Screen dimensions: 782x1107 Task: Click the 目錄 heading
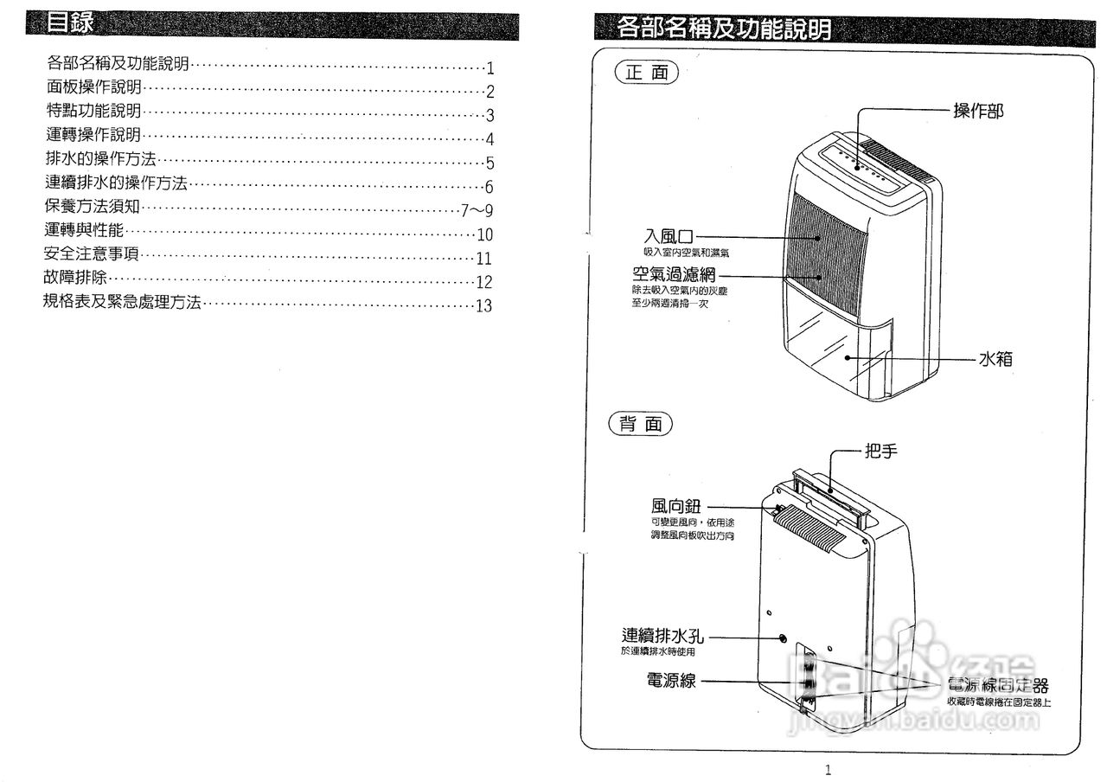[x=70, y=23]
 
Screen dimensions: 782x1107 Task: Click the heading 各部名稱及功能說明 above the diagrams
[x=725, y=29]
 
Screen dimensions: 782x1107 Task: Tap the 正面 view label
[x=646, y=74]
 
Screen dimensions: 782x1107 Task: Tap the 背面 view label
[x=641, y=424]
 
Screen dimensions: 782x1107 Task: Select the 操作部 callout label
[x=978, y=111]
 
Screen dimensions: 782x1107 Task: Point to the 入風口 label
[x=669, y=235]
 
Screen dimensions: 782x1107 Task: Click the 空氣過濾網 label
[x=673, y=276]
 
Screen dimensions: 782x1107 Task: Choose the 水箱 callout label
[x=995, y=358]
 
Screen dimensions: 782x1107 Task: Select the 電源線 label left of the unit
[x=670, y=680]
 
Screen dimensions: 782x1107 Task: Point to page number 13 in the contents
[x=483, y=306]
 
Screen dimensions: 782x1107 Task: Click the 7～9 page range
[x=477, y=209]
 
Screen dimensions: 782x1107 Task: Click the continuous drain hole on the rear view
[x=784, y=638]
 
